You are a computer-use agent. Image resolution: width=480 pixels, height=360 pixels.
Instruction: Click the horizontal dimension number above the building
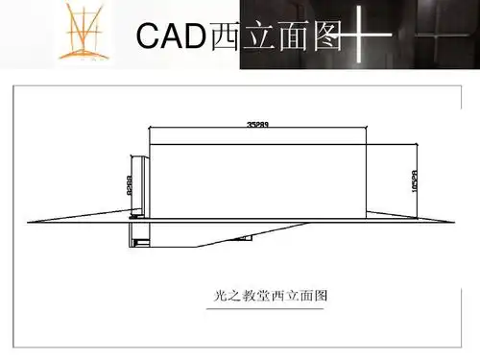coord(257,124)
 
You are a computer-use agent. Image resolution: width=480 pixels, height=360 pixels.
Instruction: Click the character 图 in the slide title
coord(326,37)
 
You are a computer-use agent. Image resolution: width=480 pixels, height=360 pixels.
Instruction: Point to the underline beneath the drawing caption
coord(270,308)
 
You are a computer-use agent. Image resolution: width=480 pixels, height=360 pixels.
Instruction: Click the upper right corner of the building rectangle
coord(366,144)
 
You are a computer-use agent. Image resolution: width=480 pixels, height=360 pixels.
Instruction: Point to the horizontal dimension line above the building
coord(257,130)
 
